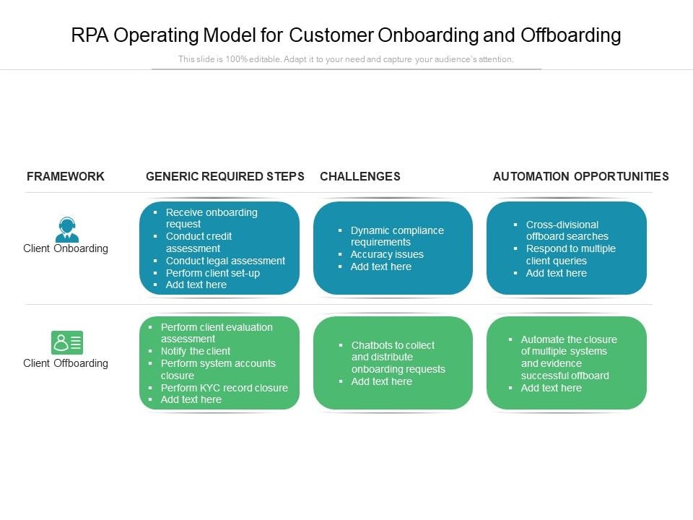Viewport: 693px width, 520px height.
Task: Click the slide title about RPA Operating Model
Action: tap(346, 35)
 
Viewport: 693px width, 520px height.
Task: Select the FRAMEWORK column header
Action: tap(66, 176)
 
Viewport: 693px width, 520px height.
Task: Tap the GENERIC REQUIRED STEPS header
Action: tap(225, 176)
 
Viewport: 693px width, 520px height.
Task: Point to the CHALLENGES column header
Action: tap(359, 176)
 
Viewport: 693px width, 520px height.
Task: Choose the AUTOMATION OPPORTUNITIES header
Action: tap(580, 176)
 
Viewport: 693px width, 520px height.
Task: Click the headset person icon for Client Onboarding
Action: tap(67, 230)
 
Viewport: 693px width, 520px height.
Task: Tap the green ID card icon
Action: tap(67, 342)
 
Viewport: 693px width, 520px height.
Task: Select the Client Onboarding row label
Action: tap(66, 248)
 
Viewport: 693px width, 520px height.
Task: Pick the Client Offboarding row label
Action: tap(66, 363)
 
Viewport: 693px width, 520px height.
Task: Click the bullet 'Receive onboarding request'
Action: tap(211, 218)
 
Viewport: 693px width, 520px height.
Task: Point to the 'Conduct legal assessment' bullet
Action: tap(225, 261)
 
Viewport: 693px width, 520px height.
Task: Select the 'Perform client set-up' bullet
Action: tap(212, 273)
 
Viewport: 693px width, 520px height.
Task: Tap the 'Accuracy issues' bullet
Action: tap(387, 254)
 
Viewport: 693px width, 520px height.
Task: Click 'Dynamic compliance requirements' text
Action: tap(396, 236)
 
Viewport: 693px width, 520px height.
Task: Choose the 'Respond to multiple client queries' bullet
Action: tap(570, 254)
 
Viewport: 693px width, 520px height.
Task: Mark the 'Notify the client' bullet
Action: tap(196, 351)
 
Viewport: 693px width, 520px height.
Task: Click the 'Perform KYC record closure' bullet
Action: tap(224, 388)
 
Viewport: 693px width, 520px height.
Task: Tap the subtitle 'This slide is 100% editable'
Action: tap(346, 59)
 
